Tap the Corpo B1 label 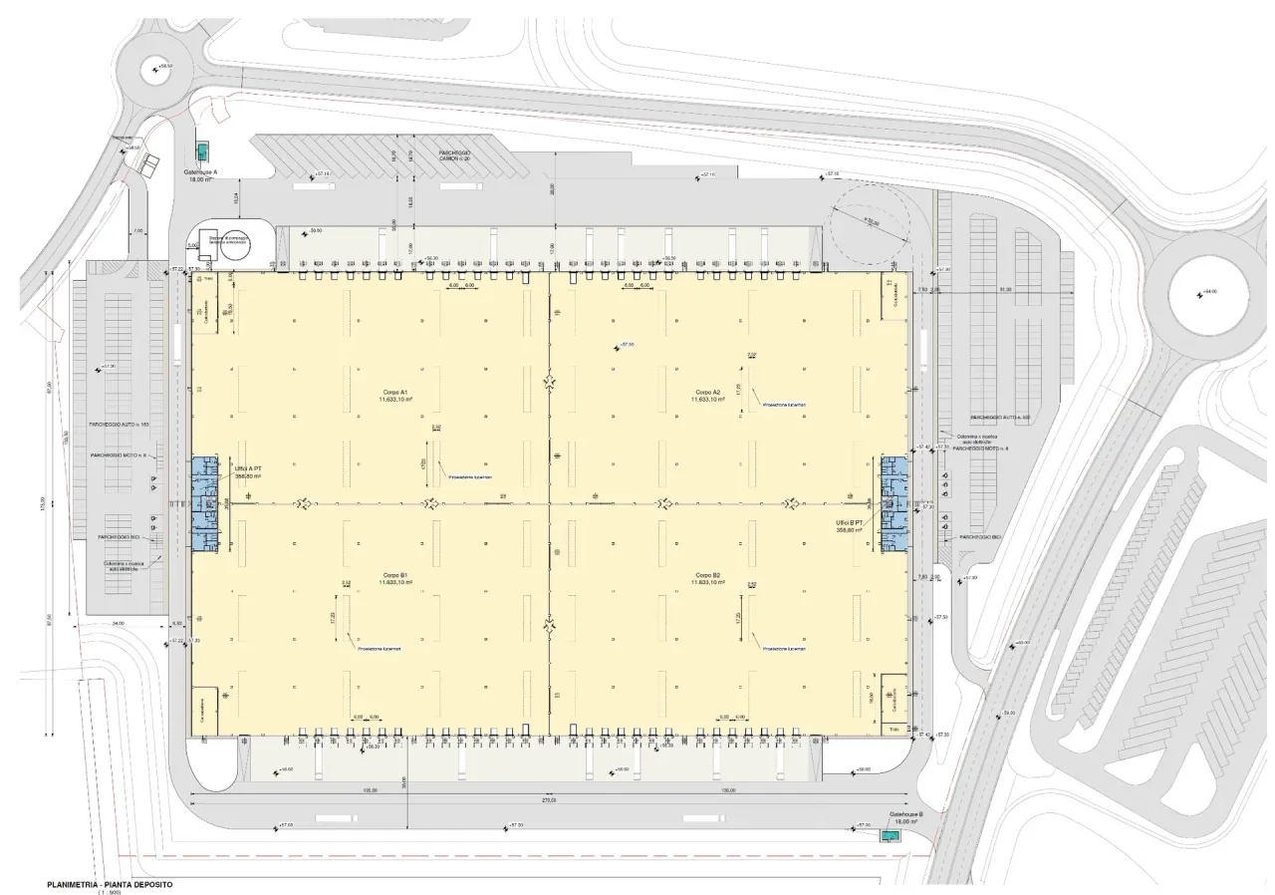pos(389,578)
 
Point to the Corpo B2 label pos(707,578)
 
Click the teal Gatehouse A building pos(203,150)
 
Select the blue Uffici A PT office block pos(203,503)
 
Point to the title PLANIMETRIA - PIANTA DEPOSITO pos(109,884)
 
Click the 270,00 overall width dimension pos(547,800)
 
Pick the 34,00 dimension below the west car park pos(118,624)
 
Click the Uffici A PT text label pos(248,472)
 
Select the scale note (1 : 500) pos(109,892)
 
